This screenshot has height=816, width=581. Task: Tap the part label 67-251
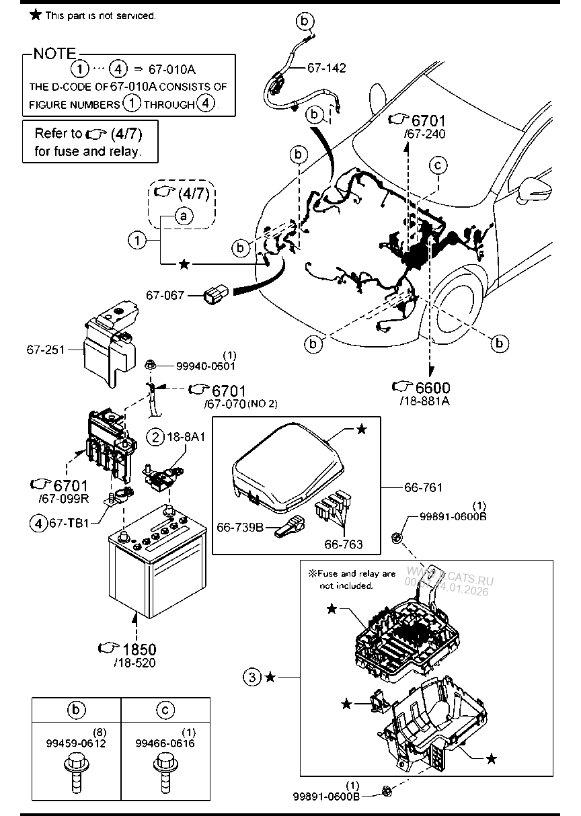pos(44,350)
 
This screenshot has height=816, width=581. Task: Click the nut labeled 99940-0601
pos(150,365)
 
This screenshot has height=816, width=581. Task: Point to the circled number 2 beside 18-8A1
pos(156,438)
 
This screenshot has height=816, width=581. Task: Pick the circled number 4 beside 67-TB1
pos(38,521)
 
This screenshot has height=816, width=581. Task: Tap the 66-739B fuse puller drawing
pos(287,528)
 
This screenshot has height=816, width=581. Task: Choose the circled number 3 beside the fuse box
pos(251,677)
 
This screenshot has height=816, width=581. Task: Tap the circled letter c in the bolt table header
pos(165,709)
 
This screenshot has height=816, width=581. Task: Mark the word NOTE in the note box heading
pos(54,54)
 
